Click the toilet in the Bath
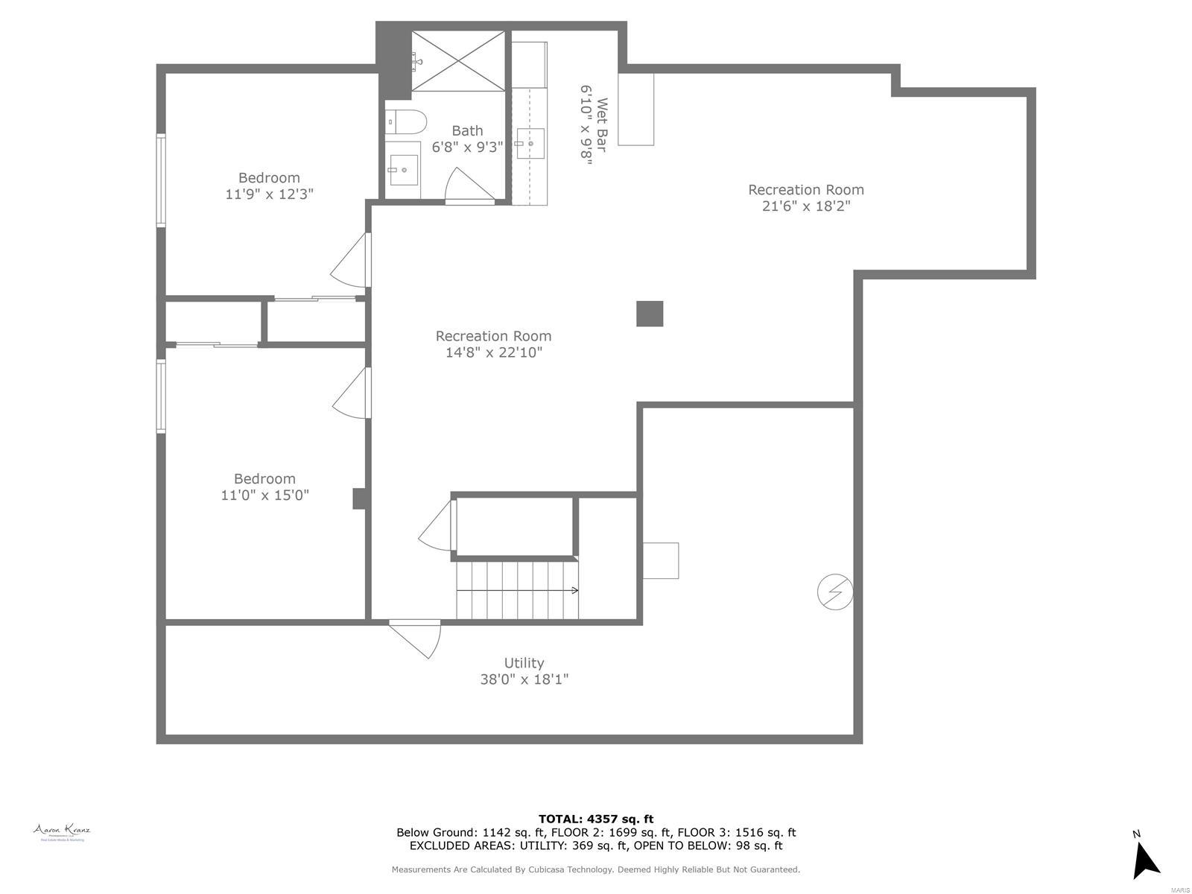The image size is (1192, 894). (406, 121)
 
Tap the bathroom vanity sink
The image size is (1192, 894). (404, 170)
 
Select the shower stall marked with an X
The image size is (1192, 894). (457, 61)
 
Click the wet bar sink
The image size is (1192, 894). (530, 143)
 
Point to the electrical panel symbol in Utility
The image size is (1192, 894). (834, 592)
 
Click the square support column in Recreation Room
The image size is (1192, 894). (649, 314)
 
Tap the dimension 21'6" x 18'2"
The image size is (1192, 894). (806, 206)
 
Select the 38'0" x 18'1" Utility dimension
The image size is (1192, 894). (524, 679)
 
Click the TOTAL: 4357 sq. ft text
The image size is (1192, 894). (596, 819)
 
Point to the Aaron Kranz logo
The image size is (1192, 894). (62, 832)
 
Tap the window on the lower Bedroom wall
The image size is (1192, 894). (160, 396)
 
